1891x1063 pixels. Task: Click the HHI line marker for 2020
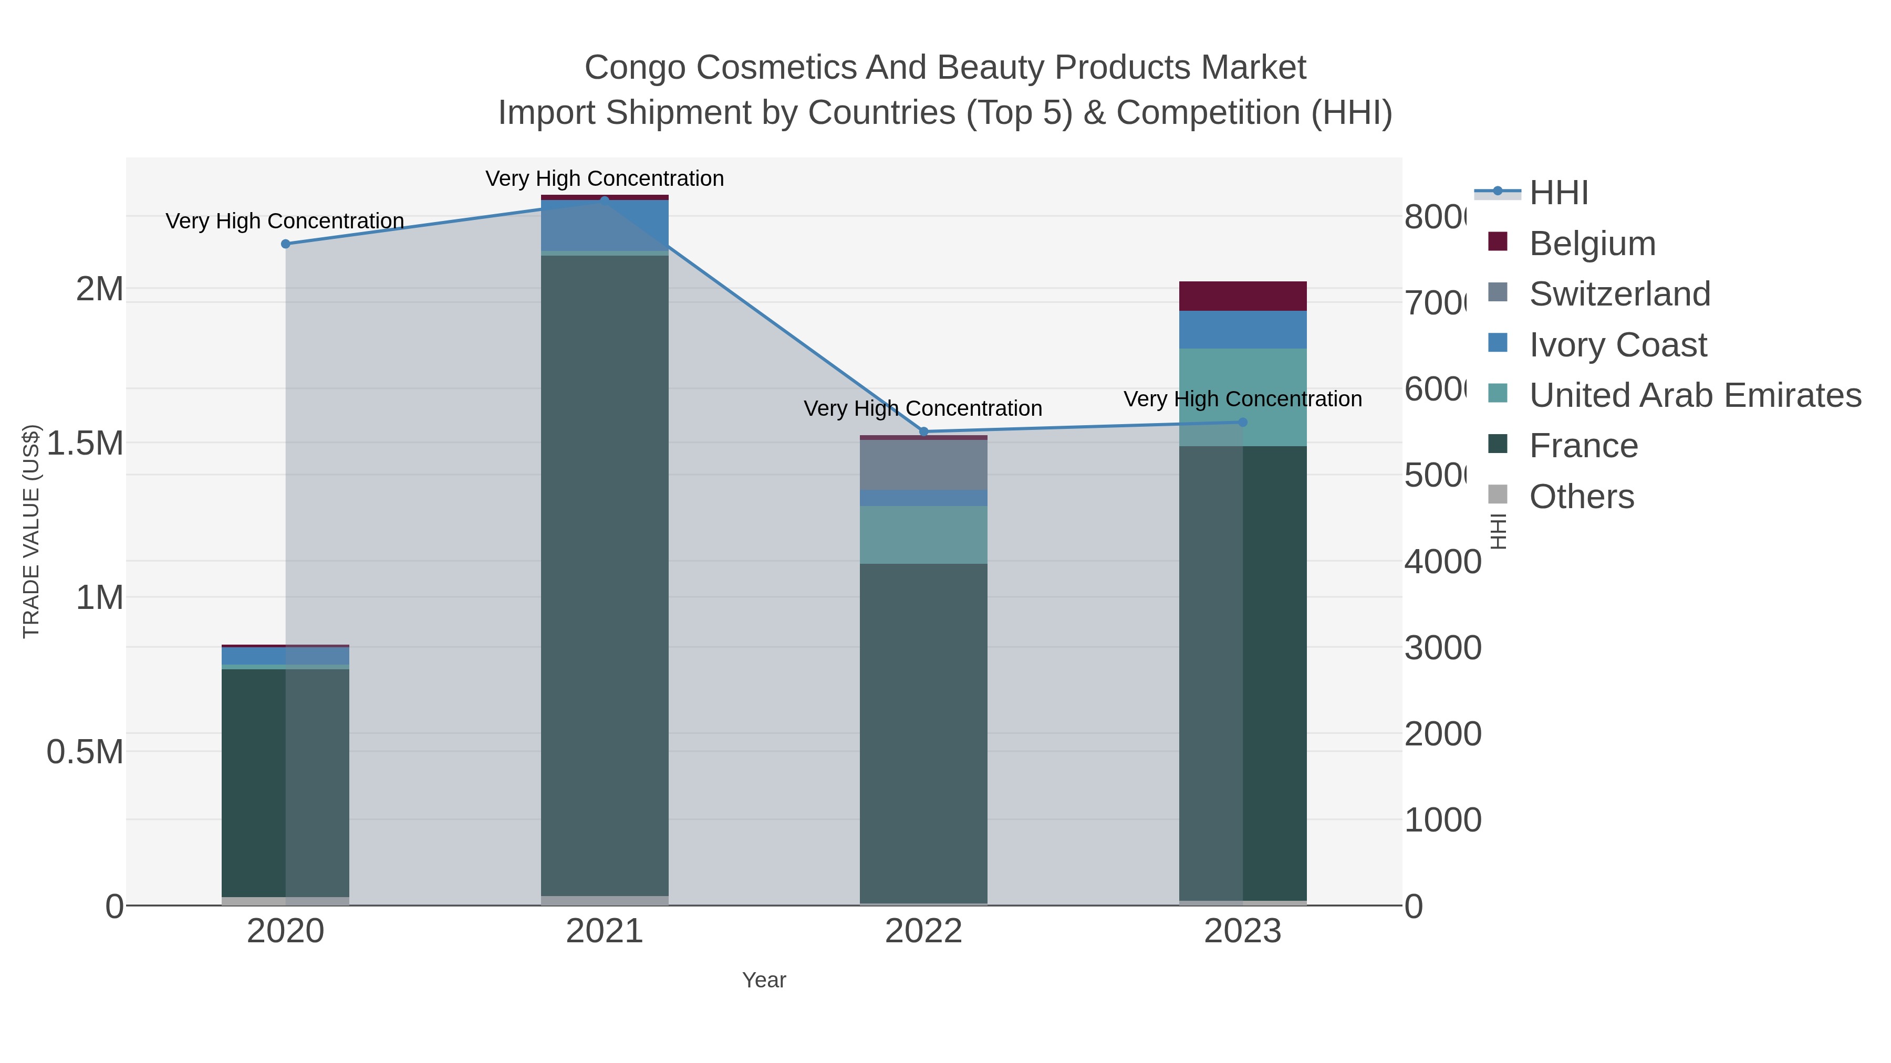point(286,244)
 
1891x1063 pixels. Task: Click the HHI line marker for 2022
point(923,431)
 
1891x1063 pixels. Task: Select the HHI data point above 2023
point(1243,422)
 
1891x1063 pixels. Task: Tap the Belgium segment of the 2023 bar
point(1243,296)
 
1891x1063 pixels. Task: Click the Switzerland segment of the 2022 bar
point(923,465)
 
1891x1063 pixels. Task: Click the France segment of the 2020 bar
point(253,781)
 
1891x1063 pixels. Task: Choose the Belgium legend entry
point(1592,243)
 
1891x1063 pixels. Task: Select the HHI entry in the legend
point(1558,193)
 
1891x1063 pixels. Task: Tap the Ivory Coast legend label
point(1618,345)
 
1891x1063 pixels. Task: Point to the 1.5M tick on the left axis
point(85,443)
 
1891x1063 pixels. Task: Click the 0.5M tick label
point(85,752)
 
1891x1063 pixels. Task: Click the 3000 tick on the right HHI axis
point(1442,648)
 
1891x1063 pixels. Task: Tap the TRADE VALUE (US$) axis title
point(31,531)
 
